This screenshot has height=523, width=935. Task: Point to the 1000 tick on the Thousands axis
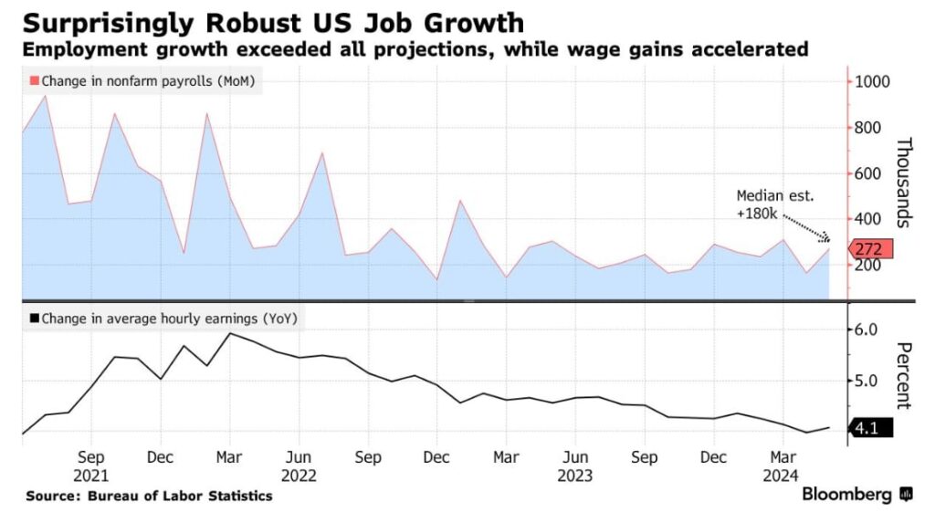[x=873, y=81]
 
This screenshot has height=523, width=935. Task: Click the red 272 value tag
[x=871, y=248]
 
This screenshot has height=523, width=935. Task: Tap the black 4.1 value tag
[x=870, y=427]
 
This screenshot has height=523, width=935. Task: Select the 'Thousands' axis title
[x=905, y=182]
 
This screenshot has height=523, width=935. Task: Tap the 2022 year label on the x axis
[x=299, y=475]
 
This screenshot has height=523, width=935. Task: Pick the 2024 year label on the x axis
[x=782, y=475]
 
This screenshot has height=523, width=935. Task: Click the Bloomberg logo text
[x=846, y=495]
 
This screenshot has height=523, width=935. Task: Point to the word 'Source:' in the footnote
[x=53, y=496]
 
